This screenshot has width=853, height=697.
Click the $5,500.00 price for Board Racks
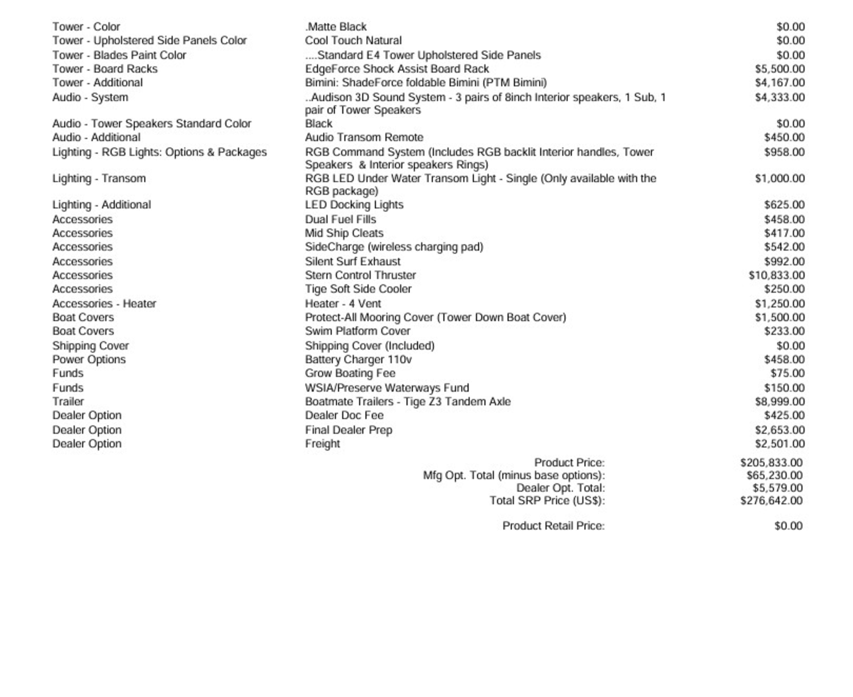pyautogui.click(x=780, y=69)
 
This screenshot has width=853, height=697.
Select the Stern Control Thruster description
pyautogui.click(x=361, y=275)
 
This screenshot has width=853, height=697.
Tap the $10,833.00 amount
pyautogui.click(x=777, y=275)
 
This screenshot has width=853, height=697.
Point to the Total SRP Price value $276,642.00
pyautogui.click(x=771, y=501)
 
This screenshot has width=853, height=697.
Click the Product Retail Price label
pyautogui.click(x=553, y=526)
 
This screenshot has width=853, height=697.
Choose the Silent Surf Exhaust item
pyautogui.click(x=353, y=262)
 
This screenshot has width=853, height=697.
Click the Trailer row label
pyautogui.click(x=68, y=401)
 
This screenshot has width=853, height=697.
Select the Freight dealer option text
pyautogui.click(x=322, y=444)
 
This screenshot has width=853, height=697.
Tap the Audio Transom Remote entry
pyautogui.click(x=364, y=138)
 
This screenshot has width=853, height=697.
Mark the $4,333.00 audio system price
pyautogui.click(x=780, y=97)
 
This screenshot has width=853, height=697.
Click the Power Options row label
pyautogui.click(x=89, y=360)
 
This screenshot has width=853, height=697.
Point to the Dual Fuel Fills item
pyautogui.click(x=341, y=219)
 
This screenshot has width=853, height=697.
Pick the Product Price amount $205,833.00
pyautogui.click(x=771, y=463)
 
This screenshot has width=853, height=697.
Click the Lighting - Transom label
pyautogui.click(x=99, y=179)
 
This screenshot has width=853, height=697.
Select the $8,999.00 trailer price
pyautogui.click(x=780, y=401)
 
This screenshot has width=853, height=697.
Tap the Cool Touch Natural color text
pyautogui.click(x=353, y=41)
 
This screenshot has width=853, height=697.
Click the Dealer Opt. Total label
pyautogui.click(x=560, y=488)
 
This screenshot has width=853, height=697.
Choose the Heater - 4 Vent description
pyautogui.click(x=343, y=304)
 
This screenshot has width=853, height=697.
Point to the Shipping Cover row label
pyautogui.click(x=90, y=346)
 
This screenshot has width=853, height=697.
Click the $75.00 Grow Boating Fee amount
pyautogui.click(x=788, y=374)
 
